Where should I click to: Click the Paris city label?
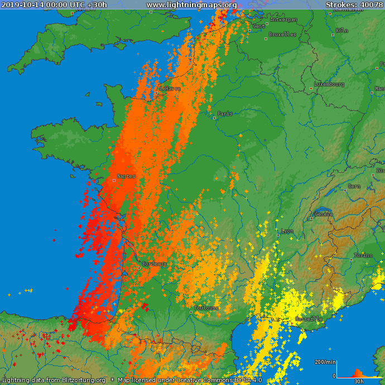225,114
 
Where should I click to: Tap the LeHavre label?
170,89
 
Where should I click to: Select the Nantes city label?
126,176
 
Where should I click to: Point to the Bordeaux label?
155,263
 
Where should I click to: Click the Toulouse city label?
206,308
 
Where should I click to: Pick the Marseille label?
309,319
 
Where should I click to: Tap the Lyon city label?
287,231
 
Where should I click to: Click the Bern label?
354,186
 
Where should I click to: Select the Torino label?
363,256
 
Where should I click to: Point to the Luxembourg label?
329,84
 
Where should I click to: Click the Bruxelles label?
282,35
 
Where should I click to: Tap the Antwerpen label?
283,20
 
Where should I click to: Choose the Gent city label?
259,26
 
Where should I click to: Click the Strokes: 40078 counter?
354,4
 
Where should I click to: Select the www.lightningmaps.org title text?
191,4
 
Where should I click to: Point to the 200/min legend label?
325,362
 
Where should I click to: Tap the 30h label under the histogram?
359,381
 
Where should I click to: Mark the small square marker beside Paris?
214,118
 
